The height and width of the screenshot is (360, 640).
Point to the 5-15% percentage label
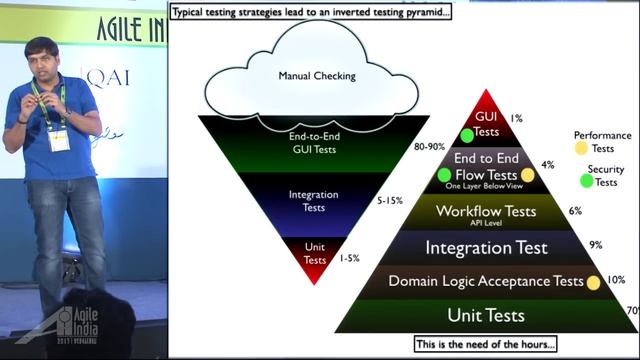(389, 201)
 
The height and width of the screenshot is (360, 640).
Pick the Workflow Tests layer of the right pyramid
(487, 212)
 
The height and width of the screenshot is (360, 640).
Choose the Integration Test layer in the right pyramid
(486, 247)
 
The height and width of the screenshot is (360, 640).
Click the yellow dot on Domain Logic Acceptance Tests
(593, 282)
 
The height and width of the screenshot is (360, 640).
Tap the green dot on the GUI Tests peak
(467, 136)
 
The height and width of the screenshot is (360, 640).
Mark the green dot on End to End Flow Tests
(445, 176)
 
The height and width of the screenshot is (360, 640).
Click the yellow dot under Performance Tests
(581, 149)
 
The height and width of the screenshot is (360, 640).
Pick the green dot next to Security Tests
(587, 181)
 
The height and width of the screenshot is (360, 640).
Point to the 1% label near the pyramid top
(516, 118)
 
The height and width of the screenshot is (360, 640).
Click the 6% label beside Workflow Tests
(575, 211)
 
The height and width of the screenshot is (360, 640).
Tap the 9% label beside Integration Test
(595, 244)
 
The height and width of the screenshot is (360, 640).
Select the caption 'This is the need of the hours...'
(485, 345)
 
